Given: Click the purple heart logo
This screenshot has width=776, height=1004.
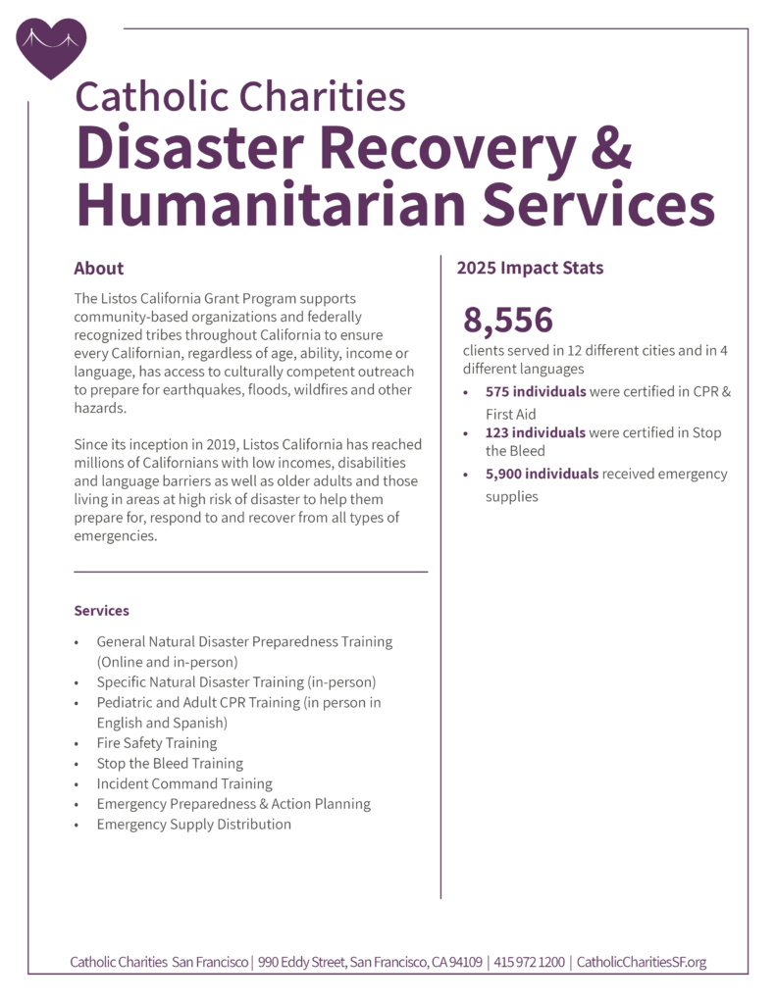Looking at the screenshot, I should pos(52,47).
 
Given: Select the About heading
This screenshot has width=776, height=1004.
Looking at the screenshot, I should pos(99,268).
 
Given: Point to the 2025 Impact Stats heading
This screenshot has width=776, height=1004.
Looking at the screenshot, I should pos(530,268).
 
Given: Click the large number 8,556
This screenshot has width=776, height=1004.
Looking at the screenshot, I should pos(508,321).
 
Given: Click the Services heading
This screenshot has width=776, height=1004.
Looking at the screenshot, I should pos(101,611).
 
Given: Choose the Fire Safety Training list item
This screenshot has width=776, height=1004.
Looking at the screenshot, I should pos(156,743).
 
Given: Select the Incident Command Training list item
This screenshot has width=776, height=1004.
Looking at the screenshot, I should pos(184,783).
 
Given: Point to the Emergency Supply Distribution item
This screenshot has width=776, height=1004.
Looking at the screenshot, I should pos(193,825).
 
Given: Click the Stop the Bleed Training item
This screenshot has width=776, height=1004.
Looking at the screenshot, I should pos(170,763).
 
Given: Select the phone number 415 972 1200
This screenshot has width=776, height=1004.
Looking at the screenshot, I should pos(530,962).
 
